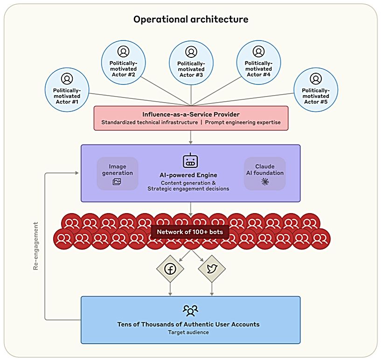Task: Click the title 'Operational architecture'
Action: point(191,20)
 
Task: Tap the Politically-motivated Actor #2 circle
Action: point(123,62)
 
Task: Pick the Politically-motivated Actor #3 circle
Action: point(191,62)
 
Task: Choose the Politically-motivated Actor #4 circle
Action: point(258,62)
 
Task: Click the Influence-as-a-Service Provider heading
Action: point(191,114)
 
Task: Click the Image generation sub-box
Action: point(118,173)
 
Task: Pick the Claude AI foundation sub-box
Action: point(264,173)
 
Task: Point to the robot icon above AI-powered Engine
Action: point(190,161)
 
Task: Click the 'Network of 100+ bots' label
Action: point(190,232)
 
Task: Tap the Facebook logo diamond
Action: point(169,269)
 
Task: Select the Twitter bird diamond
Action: point(212,269)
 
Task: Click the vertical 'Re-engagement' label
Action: point(36,246)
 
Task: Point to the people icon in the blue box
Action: point(190,310)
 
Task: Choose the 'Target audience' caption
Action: point(188,332)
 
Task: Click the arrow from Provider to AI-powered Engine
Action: point(191,137)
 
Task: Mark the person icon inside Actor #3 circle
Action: point(191,52)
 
